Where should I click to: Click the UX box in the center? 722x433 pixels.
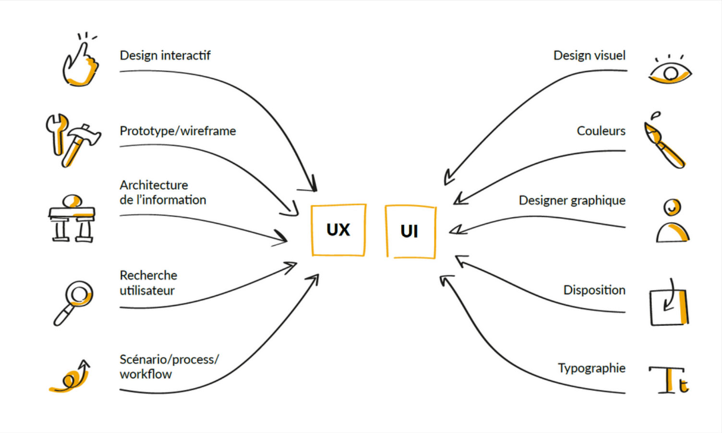[338, 230]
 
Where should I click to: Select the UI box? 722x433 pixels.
[410, 231]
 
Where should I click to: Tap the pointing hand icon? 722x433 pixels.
[81, 62]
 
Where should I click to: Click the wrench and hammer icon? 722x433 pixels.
[73, 140]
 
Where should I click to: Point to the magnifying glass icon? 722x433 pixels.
[74, 301]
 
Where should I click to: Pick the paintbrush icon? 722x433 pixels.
[664, 142]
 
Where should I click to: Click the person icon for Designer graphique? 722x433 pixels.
[673, 221]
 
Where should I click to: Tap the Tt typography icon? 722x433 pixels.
[670, 380]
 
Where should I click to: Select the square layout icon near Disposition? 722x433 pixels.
[669, 306]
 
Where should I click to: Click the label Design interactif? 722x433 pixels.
[165, 56]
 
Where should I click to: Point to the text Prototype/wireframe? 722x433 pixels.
[178, 131]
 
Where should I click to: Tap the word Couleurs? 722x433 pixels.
[601, 131]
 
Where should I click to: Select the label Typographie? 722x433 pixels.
[591, 368]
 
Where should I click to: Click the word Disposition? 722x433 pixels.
[594, 290]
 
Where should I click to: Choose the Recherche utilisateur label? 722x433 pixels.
[148, 283]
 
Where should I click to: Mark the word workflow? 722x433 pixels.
[145, 374]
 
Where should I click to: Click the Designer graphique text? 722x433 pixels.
[572, 200]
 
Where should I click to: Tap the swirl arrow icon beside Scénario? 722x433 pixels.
[71, 377]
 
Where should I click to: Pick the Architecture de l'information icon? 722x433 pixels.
[72, 219]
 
